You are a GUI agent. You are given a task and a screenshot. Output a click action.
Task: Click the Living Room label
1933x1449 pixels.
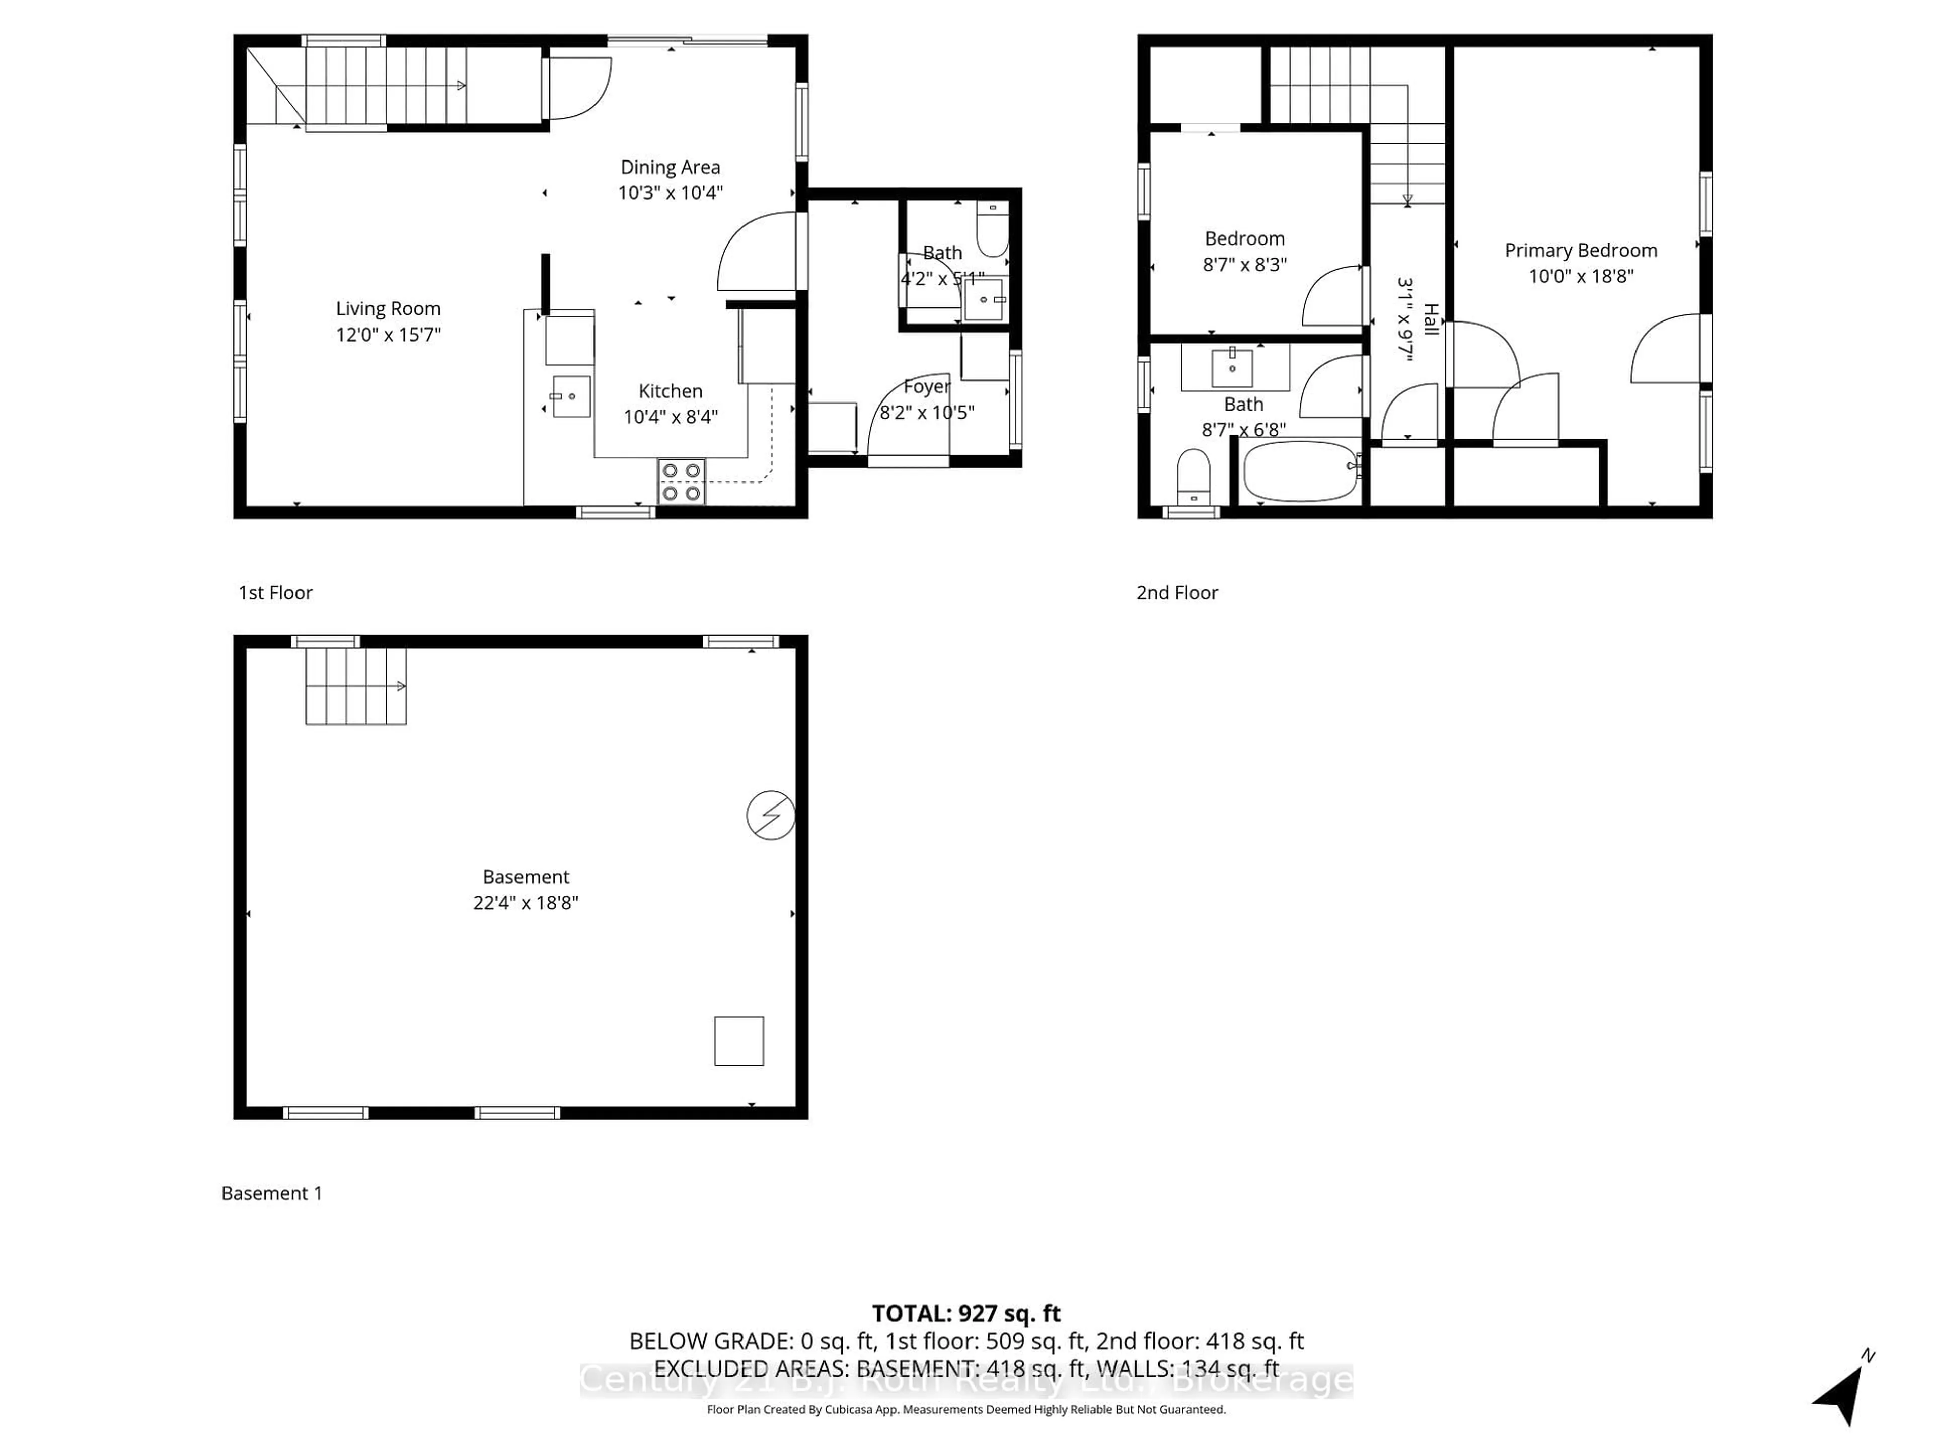point(388,308)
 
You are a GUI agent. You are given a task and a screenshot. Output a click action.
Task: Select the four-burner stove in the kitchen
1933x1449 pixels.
point(682,482)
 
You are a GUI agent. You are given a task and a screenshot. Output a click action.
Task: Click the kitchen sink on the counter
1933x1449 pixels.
point(571,396)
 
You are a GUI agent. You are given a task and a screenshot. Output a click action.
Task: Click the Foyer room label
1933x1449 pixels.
point(926,386)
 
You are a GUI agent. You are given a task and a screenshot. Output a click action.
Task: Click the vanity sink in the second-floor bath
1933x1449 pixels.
point(1232,367)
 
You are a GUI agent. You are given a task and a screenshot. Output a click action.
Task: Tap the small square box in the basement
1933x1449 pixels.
point(738,1040)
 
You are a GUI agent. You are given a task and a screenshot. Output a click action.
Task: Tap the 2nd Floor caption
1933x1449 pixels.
point(1176,592)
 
